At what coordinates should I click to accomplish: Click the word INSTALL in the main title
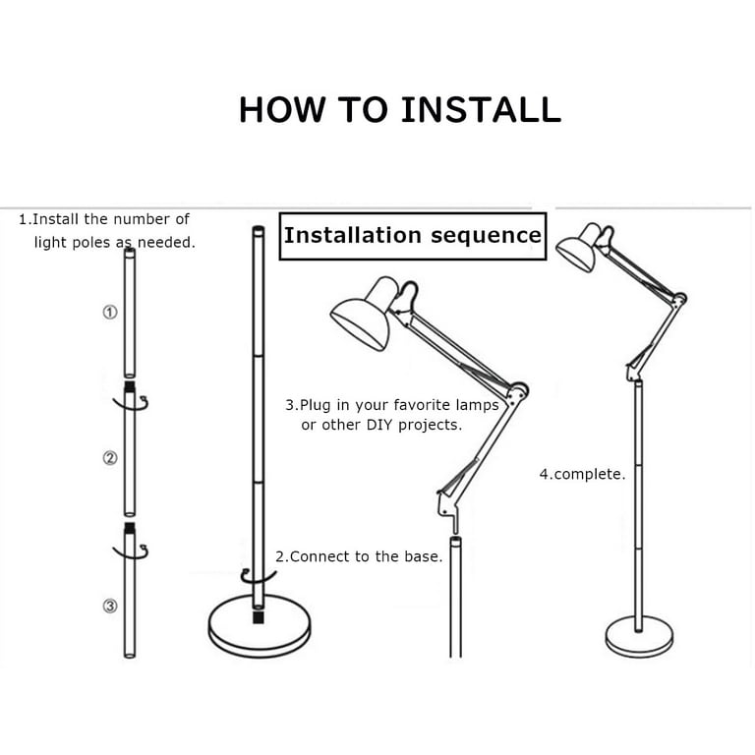tap(481, 110)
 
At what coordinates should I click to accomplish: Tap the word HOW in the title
tap(282, 110)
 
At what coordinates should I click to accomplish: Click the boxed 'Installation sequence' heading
tap(413, 236)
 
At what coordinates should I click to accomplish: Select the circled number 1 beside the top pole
tap(110, 313)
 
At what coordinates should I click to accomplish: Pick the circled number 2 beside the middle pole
tap(110, 458)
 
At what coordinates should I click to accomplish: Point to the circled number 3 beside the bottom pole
tap(110, 606)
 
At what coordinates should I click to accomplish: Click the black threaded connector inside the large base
tap(259, 617)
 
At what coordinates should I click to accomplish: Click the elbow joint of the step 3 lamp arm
tap(518, 391)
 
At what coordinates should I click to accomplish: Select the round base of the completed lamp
tap(639, 637)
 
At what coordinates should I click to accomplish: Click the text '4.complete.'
tap(582, 474)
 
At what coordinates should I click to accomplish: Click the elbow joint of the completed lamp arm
tap(679, 299)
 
